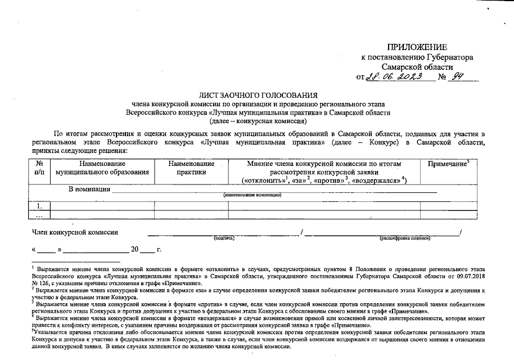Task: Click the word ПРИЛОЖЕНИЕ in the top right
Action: tap(417, 47)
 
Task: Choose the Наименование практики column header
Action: tap(191, 168)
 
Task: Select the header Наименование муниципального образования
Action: tap(102, 168)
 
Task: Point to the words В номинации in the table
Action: tap(89, 189)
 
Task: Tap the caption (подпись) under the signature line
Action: tap(224, 238)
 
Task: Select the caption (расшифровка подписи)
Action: tap(405, 238)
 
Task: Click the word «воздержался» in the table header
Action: tap(377, 180)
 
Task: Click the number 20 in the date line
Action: tap(135, 249)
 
